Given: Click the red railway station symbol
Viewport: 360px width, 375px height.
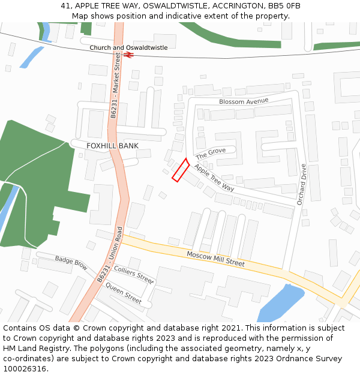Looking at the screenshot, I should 128,55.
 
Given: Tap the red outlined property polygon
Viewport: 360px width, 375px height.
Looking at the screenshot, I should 181,170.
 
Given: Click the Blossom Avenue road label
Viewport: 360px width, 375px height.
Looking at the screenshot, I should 244,101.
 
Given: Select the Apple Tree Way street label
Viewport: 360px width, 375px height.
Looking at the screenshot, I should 214,178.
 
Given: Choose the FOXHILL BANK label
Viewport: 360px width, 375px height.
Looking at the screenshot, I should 112,146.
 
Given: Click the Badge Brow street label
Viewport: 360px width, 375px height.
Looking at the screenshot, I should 71,262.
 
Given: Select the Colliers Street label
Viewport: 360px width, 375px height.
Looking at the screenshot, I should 134,274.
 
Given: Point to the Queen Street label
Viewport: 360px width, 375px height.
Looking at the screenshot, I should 124,292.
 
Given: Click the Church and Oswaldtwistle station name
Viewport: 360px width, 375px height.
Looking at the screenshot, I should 128,47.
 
